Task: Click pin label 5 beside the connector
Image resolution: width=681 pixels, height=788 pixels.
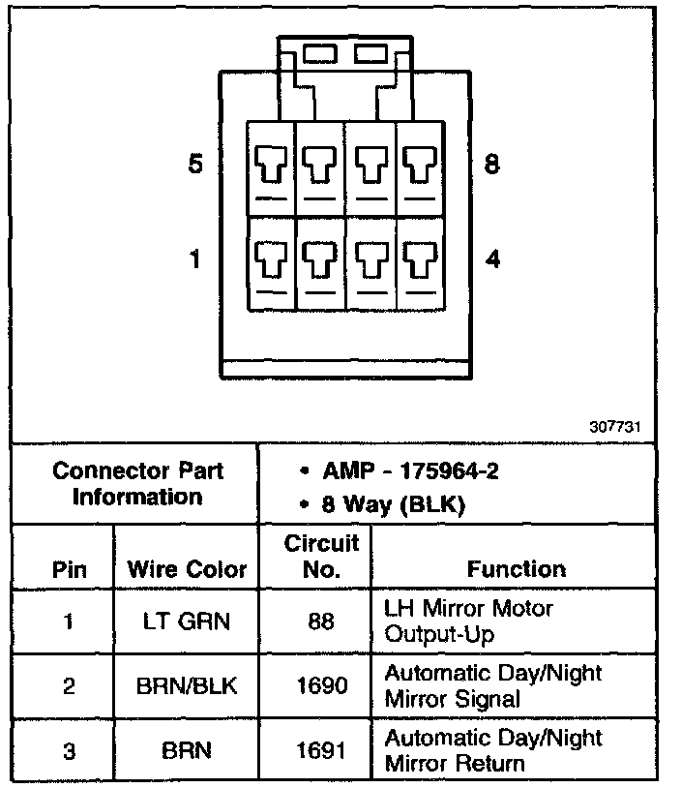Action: click(195, 166)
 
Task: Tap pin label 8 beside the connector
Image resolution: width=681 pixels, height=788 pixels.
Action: click(492, 166)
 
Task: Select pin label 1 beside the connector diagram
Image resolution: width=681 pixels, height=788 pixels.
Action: click(195, 259)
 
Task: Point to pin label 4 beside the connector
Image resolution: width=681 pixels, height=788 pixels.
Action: click(492, 259)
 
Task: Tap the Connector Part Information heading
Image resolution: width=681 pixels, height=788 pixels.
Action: click(137, 484)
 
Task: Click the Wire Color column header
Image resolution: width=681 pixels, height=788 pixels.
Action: click(187, 570)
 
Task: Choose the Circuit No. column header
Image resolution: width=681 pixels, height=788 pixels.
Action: click(321, 557)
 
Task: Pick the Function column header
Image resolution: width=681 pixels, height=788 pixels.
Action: click(517, 570)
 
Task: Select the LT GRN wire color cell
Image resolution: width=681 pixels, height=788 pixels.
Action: click(187, 621)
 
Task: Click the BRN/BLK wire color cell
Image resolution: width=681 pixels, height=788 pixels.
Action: click(187, 686)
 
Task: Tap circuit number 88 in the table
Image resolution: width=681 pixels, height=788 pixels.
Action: click(320, 621)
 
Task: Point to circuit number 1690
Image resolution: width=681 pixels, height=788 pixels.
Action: click(320, 686)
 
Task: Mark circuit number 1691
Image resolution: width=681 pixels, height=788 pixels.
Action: click(320, 751)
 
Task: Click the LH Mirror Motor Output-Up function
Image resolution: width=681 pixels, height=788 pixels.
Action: click(468, 621)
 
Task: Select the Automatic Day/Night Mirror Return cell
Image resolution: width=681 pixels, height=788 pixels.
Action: click(493, 751)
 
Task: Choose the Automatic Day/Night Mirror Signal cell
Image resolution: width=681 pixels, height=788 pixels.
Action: click(493, 686)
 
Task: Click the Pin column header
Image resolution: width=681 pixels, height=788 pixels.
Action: click(68, 570)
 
